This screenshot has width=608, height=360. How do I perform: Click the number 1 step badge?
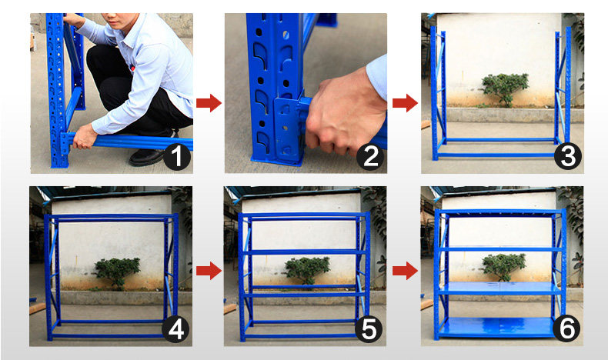[x=177, y=157]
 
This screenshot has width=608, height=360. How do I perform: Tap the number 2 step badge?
[x=371, y=157]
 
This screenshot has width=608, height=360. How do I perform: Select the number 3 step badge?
[x=568, y=157]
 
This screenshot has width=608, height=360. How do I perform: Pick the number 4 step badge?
[x=176, y=329]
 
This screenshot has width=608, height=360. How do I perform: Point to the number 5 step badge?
[x=369, y=329]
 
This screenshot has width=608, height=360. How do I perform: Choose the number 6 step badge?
[x=567, y=329]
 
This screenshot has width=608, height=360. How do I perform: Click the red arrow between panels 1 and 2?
[x=209, y=102]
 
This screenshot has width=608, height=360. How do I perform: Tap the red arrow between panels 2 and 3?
[x=405, y=102]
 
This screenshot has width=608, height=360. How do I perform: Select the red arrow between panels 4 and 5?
[x=209, y=271]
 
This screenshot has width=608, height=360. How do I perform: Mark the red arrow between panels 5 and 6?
[x=405, y=271]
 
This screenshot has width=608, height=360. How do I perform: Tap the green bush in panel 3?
[x=505, y=88]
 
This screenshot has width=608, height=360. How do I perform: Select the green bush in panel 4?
[x=117, y=272]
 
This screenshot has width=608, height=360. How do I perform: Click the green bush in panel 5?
[x=307, y=270]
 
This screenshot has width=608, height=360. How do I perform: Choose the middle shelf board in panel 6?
[x=500, y=288]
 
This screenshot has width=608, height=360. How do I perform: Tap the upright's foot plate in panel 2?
[x=277, y=159]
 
